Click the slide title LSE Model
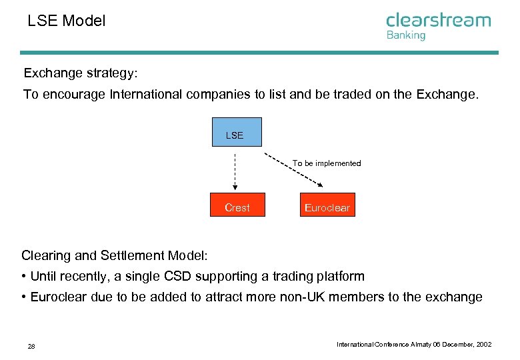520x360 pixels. coord(66,21)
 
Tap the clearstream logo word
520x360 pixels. coord(438,20)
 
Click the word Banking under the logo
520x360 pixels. coord(405,36)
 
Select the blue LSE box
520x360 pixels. coord(237,132)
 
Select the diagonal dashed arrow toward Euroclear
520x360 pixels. coord(293,170)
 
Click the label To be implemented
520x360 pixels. coord(327,163)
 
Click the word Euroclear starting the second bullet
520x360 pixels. coord(59,297)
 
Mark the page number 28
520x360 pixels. coord(31,347)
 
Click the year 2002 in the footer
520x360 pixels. coord(484,345)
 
